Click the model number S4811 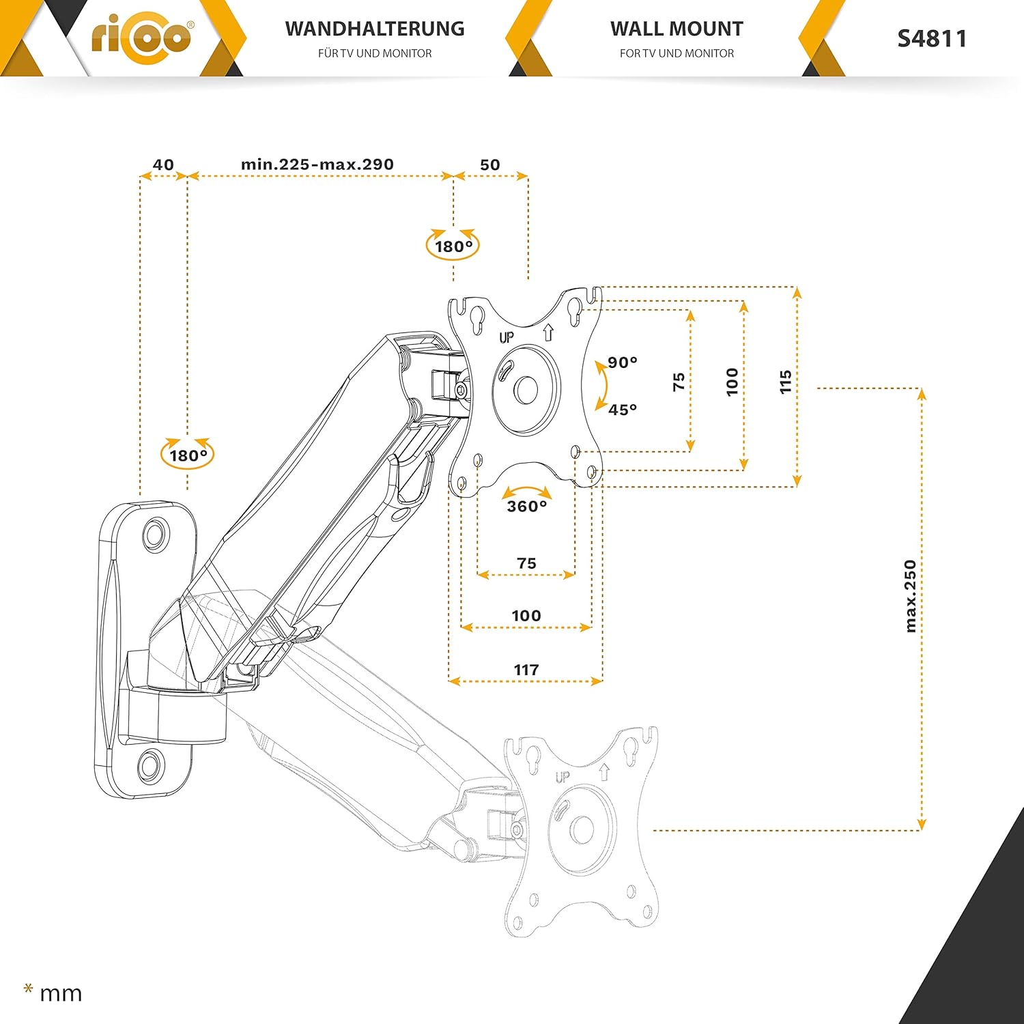click(x=932, y=38)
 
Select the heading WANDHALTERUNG click(x=375, y=29)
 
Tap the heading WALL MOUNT click(x=677, y=29)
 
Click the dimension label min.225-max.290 click(x=317, y=165)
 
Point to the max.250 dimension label click(x=910, y=596)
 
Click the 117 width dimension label click(x=526, y=670)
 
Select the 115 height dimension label click(x=786, y=382)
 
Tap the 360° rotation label click(x=527, y=506)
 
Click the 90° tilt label click(x=623, y=362)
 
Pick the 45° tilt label click(x=623, y=410)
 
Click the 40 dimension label click(x=163, y=165)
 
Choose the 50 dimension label click(x=490, y=165)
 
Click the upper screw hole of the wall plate click(x=156, y=531)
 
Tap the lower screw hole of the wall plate click(x=150, y=765)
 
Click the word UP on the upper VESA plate click(x=507, y=337)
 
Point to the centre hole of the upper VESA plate click(x=526, y=390)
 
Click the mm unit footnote click(x=53, y=992)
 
